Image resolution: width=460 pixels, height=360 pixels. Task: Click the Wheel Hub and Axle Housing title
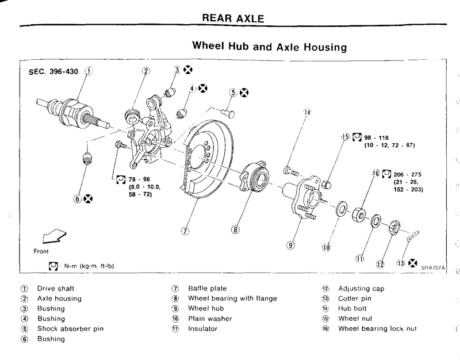[x=270, y=46]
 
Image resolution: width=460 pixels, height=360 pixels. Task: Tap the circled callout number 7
[x=185, y=231]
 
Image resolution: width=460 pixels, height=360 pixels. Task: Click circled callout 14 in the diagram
[x=307, y=112]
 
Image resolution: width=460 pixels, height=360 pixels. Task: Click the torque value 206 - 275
[x=409, y=173]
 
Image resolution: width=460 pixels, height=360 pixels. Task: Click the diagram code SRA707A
[x=433, y=267]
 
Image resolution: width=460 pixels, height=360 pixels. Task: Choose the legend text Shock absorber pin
[x=70, y=329]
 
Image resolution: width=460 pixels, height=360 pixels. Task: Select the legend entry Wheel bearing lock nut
[x=377, y=329]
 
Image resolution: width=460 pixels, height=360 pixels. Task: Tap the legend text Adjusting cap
[x=361, y=288]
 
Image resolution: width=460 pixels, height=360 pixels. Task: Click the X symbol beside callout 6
[x=88, y=199]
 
